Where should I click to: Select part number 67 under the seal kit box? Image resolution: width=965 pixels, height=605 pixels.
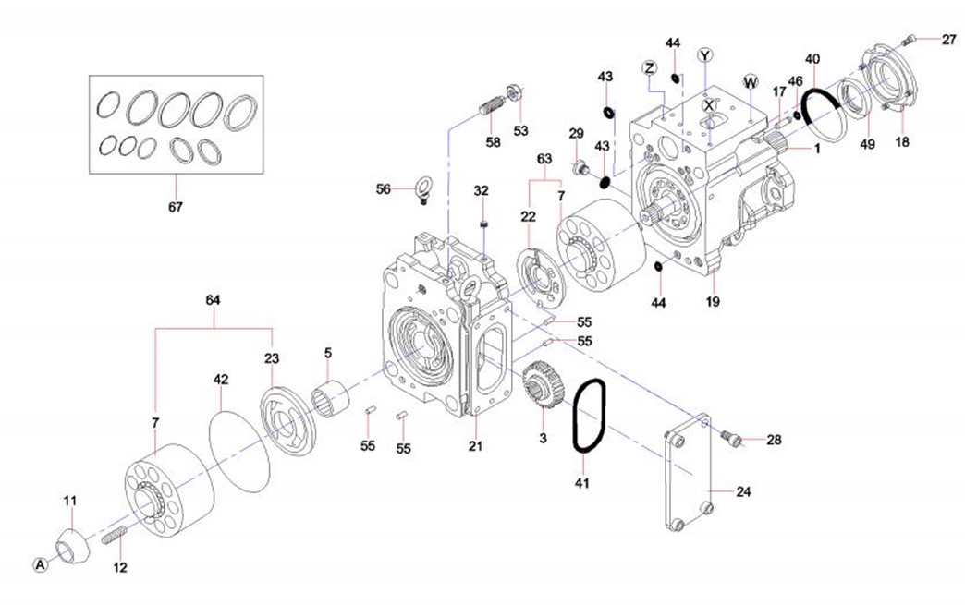click(176, 207)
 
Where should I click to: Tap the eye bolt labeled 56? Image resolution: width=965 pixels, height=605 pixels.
click(421, 187)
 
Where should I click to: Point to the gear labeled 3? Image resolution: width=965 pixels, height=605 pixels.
click(538, 387)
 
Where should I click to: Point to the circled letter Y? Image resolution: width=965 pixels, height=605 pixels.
click(707, 54)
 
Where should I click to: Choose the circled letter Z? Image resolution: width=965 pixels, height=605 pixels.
click(650, 68)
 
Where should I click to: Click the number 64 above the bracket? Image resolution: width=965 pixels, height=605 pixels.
click(214, 300)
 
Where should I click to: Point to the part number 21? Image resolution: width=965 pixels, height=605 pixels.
click(476, 447)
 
